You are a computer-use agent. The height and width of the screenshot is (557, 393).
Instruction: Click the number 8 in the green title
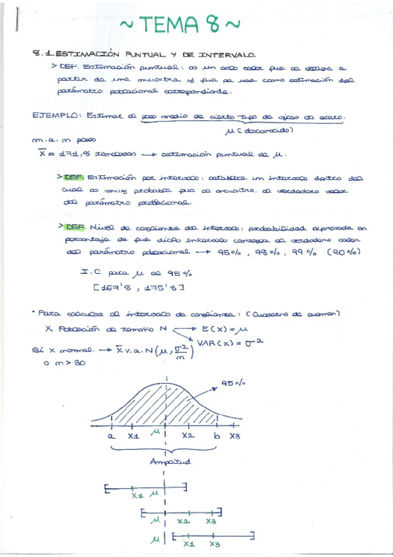pos(212,25)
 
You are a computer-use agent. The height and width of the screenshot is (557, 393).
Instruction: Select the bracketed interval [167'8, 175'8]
pos(138,287)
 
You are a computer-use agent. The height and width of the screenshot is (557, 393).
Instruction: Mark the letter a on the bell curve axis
pos(112,435)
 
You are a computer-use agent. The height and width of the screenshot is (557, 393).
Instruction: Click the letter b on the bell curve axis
pos(215,435)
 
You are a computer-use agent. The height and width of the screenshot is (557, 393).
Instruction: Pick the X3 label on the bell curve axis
pos(236,435)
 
